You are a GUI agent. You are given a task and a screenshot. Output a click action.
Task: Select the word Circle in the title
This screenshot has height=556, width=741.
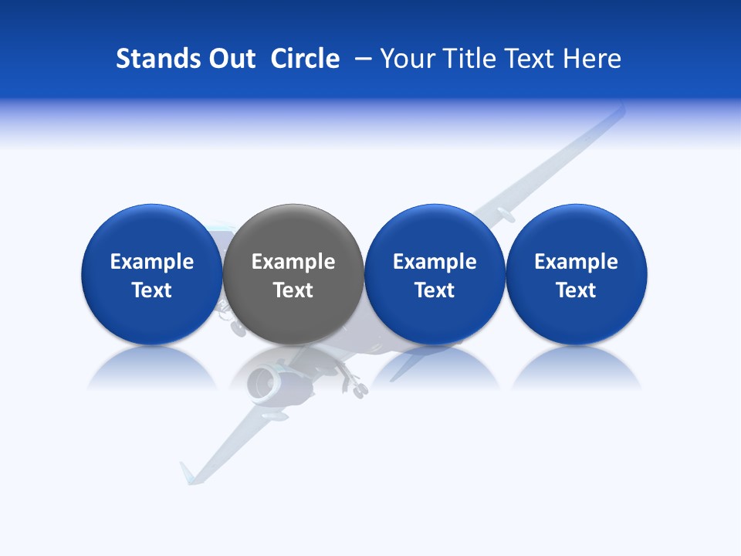[x=305, y=59]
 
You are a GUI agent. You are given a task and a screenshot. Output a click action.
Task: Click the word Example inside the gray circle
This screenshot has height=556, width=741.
[x=293, y=262]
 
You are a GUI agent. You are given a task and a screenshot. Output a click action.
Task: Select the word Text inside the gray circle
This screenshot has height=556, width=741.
[x=293, y=290]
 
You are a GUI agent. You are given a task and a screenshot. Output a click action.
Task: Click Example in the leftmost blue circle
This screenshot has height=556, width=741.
[x=152, y=262]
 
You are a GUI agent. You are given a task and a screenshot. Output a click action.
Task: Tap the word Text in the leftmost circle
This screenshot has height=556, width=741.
[x=152, y=290]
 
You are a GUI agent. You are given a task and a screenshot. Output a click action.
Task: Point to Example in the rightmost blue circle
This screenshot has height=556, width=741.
[x=576, y=262]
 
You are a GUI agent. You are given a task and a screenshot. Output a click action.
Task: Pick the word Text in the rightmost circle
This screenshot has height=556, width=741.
[x=576, y=290]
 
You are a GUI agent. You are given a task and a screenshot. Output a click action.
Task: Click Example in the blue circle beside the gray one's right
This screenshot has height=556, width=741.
[x=435, y=262]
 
